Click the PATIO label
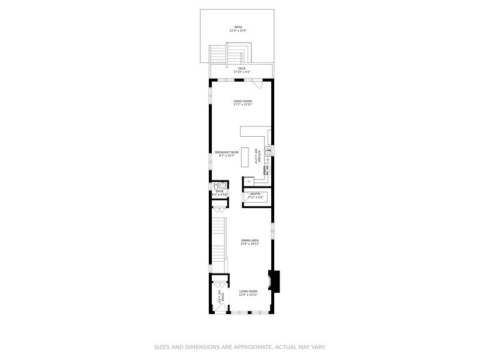(238, 26)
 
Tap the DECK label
(242, 68)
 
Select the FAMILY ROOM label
(242, 101)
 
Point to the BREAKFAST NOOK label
(227, 152)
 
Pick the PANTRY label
(256, 194)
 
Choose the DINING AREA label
(250, 241)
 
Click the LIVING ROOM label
(248, 291)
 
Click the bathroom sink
(223, 185)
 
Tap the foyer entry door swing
(220, 308)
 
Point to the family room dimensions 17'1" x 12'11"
(242, 105)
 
